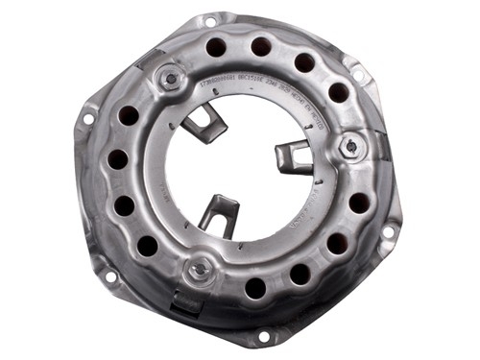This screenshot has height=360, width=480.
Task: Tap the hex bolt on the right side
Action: tap(351, 146)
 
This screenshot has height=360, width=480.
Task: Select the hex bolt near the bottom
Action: tap(200, 270)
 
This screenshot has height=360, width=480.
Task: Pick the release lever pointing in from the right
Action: tap(295, 154)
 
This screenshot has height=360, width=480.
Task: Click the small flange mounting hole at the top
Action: tap(210, 21)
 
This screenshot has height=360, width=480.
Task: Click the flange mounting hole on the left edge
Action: tap(87, 119)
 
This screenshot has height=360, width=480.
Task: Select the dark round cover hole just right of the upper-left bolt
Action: tap(216, 47)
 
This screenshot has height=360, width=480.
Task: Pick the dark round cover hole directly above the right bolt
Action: tap(339, 93)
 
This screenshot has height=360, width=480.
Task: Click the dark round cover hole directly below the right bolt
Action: tap(359, 203)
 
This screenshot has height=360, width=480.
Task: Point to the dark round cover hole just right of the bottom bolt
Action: tap(255, 288)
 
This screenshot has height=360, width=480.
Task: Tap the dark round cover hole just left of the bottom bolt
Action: tap(147, 246)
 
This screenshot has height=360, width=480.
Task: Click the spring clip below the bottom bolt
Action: tap(187, 305)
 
